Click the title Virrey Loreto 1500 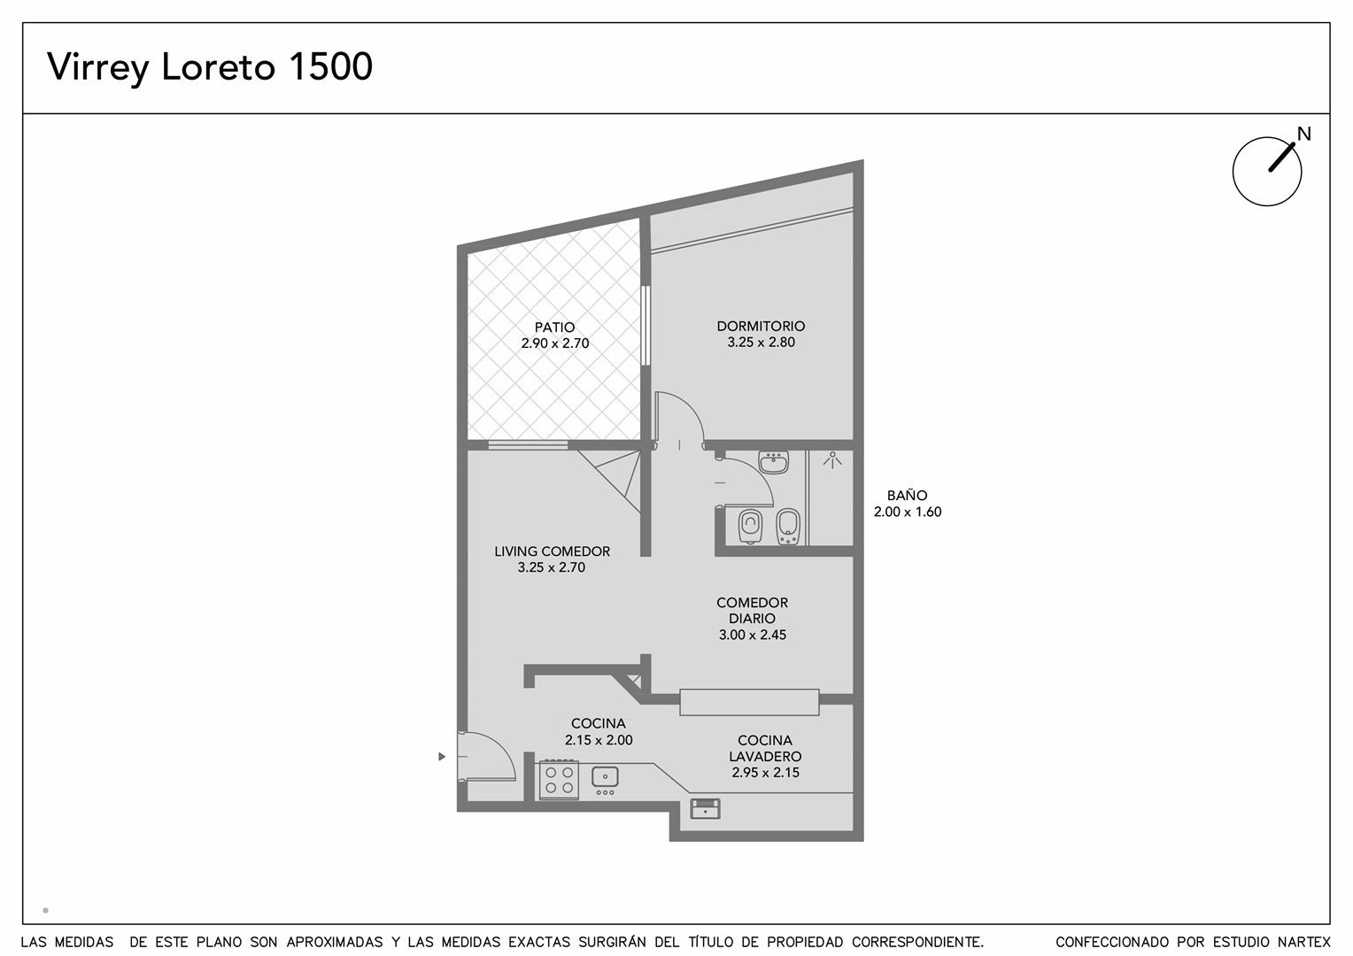[x=210, y=66]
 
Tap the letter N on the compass [x=1303, y=134]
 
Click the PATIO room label [x=554, y=328]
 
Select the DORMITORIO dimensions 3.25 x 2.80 [x=761, y=343]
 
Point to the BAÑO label [x=907, y=495]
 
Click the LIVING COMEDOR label [x=552, y=551]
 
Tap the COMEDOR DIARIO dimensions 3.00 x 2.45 [x=752, y=635]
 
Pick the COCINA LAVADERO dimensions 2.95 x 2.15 [x=765, y=773]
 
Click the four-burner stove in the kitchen [x=559, y=780]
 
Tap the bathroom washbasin [x=773, y=463]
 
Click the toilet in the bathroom [x=750, y=526]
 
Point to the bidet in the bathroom [x=788, y=527]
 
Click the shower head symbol [x=832, y=460]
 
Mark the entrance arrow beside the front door [x=442, y=757]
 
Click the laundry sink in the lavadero [x=705, y=809]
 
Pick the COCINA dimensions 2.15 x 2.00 [x=599, y=740]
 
